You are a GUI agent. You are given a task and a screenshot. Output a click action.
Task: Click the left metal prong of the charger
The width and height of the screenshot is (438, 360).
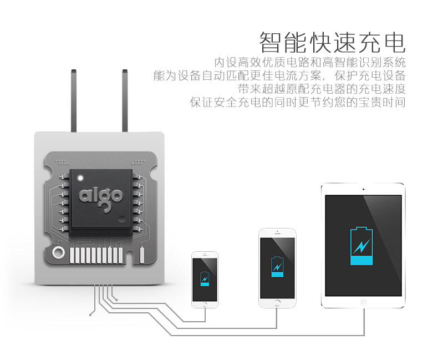point(73,100)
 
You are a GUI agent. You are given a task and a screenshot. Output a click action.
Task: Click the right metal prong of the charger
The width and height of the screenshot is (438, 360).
point(125,100)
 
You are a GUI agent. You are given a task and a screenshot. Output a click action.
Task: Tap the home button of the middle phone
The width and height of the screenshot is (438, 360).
point(277,302)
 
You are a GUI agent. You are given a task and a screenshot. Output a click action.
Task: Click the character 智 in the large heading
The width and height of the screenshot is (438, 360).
point(273,43)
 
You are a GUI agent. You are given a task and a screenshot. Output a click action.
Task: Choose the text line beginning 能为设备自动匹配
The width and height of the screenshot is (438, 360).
point(279,75)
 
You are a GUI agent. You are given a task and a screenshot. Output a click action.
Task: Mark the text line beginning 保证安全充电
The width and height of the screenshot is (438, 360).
point(298,103)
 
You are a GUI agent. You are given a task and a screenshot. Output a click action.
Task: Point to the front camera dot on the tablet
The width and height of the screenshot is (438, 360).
point(363,190)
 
